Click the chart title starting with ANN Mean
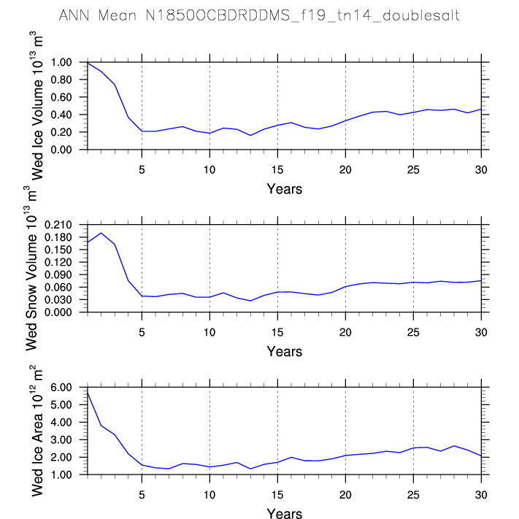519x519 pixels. pos(259,15)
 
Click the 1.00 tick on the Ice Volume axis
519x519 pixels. pos(61,62)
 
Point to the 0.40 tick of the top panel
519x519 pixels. pos(61,115)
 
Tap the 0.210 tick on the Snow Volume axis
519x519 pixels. pos(58,225)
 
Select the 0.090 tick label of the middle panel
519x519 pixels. pos(58,274)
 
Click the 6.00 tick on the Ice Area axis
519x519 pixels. pos(61,388)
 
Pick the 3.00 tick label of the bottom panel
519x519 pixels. pos(61,440)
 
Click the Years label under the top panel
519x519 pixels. pos(285,189)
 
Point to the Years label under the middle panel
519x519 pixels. pos(285,352)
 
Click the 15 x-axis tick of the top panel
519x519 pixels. pos(277,170)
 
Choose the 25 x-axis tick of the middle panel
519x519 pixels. pos(413,332)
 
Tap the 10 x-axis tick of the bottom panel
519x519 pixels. pos(209,495)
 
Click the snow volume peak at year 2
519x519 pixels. pos(101,233)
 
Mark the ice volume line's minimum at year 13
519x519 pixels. pos(250,135)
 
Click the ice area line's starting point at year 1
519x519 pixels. pos(88,393)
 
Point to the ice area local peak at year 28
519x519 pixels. pos(454,446)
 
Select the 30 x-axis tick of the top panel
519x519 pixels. pos(481,170)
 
